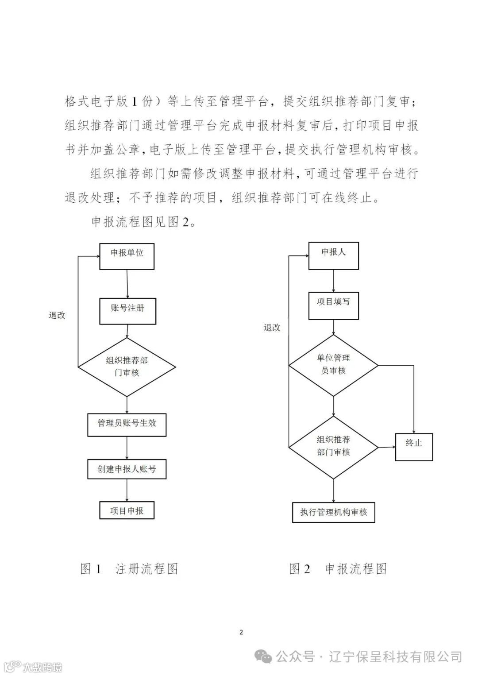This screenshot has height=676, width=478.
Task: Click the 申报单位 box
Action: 127,256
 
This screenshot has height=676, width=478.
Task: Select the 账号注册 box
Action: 127,311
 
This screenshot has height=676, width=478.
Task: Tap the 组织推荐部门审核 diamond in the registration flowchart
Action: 127,367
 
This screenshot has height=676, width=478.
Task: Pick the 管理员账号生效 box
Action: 127,424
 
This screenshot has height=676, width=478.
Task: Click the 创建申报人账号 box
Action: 127,469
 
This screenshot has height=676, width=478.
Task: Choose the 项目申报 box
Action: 127,510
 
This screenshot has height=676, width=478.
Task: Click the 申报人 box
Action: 333,255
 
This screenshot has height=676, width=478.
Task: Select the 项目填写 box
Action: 333,306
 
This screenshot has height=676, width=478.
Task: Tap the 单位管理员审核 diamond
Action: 333,365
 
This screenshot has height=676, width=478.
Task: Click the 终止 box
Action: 414,447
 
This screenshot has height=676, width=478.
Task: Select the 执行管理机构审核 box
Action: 334,512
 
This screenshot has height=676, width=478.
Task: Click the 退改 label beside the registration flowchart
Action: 57,315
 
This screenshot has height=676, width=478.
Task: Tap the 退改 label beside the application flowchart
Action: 272,328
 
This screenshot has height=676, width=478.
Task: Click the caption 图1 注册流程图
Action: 129,568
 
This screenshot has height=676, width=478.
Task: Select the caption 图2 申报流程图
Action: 338,568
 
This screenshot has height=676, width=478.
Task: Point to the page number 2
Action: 241,632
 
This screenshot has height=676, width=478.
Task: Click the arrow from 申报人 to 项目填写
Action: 333,281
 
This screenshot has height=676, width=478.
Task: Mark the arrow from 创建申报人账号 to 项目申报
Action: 127,490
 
